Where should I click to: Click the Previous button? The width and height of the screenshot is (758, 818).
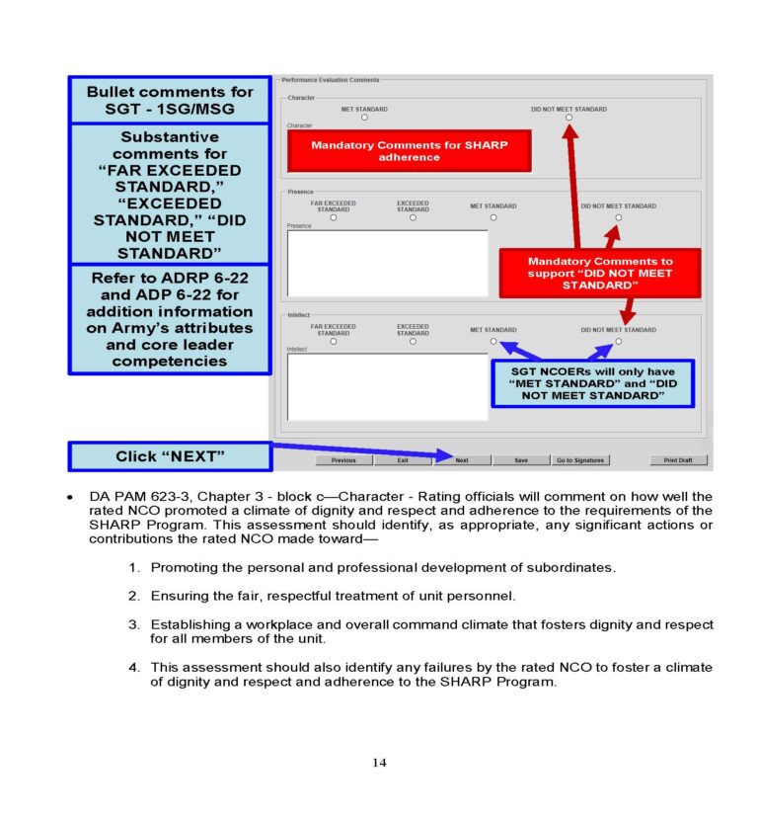(x=343, y=460)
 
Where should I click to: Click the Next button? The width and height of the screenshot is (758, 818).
(x=462, y=460)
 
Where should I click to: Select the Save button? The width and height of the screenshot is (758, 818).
(x=520, y=460)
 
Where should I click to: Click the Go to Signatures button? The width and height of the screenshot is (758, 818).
(x=579, y=460)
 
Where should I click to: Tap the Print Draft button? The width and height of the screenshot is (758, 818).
(x=678, y=460)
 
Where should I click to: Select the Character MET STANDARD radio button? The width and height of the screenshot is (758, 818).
(x=364, y=118)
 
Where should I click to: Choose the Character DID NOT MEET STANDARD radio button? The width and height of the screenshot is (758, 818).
(x=568, y=118)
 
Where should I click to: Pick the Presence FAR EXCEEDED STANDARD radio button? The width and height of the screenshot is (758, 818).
(x=334, y=217)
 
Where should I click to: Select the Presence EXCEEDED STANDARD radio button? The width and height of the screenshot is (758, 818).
(x=413, y=217)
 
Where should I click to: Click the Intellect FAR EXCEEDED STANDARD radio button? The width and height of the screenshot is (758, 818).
(x=334, y=342)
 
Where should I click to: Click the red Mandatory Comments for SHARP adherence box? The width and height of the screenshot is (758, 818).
(x=409, y=151)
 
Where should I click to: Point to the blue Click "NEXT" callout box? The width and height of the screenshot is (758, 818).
(x=170, y=456)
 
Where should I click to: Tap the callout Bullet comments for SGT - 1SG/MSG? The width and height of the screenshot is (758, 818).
(x=170, y=100)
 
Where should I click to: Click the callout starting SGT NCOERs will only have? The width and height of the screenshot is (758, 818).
(x=592, y=383)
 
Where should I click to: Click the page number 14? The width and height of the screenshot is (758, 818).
(x=379, y=762)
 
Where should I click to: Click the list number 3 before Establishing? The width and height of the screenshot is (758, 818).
(x=133, y=625)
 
